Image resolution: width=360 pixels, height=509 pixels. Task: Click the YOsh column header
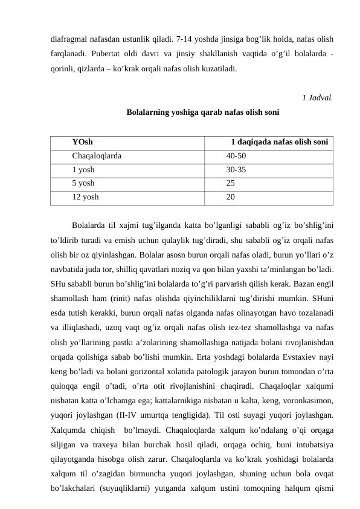pyautogui.click(x=82, y=142)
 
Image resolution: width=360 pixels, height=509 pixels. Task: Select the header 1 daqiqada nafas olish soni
pyautogui.click(x=280, y=142)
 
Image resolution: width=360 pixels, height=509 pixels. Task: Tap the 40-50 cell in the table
pyautogui.click(x=236, y=156)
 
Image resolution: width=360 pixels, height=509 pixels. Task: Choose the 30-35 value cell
pyautogui.click(x=236, y=170)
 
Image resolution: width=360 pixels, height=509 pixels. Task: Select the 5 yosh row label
pyautogui.click(x=83, y=183)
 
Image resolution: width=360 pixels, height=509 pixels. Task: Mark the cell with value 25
pyautogui.click(x=231, y=183)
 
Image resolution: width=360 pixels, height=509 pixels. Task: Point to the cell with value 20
pyautogui.click(x=231, y=197)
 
